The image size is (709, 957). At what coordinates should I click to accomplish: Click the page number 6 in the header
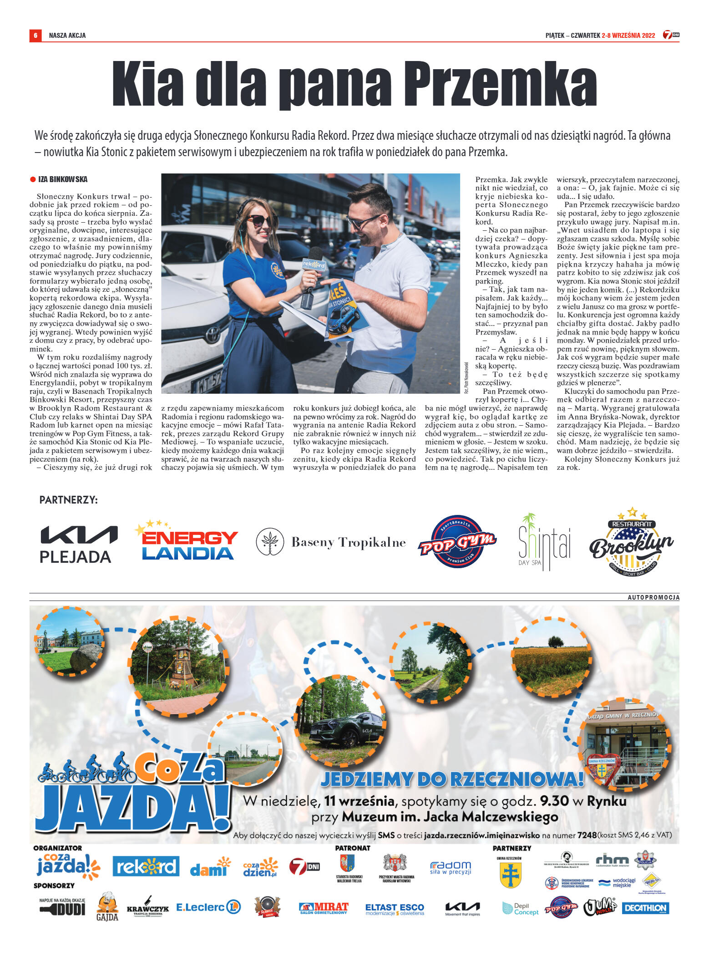pos(35,35)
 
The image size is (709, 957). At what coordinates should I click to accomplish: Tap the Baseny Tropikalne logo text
pos(348,542)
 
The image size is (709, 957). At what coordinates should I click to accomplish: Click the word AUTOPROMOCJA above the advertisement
pos(653,597)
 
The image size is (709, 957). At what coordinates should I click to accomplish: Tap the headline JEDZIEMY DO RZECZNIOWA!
pos(452,779)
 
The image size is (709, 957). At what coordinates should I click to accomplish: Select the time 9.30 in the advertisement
pos(554,801)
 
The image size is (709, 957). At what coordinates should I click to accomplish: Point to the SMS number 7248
pos(587,835)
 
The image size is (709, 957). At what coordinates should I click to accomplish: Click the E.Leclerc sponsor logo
pos(208,907)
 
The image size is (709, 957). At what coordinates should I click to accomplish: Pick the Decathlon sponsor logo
pos(645,908)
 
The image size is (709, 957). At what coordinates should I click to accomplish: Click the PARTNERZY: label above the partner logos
pos(68,500)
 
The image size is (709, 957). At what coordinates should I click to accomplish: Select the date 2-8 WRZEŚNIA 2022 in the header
pos(628,36)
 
